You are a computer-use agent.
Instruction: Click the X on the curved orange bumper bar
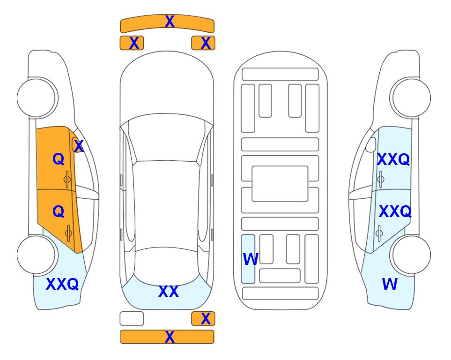click(170, 22)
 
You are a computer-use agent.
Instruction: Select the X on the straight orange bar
click(170, 337)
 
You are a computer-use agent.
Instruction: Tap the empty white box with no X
click(132, 319)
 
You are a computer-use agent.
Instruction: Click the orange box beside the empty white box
click(203, 319)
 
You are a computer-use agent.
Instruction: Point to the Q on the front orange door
click(59, 159)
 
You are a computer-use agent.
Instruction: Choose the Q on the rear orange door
click(59, 211)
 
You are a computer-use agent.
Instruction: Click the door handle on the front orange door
click(67, 180)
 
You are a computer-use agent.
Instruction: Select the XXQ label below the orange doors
click(62, 284)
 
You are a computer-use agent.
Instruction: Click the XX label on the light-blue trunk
click(169, 292)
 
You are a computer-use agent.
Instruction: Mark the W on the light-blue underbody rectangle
click(251, 259)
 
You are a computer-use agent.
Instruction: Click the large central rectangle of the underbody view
click(280, 184)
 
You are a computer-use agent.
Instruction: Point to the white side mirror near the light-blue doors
click(371, 144)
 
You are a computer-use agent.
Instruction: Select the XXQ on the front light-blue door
click(393, 159)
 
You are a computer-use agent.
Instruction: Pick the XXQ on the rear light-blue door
click(395, 212)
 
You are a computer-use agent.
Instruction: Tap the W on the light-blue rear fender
click(390, 284)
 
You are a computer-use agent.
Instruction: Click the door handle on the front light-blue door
click(381, 180)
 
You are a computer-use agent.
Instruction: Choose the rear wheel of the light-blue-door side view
click(410, 255)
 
